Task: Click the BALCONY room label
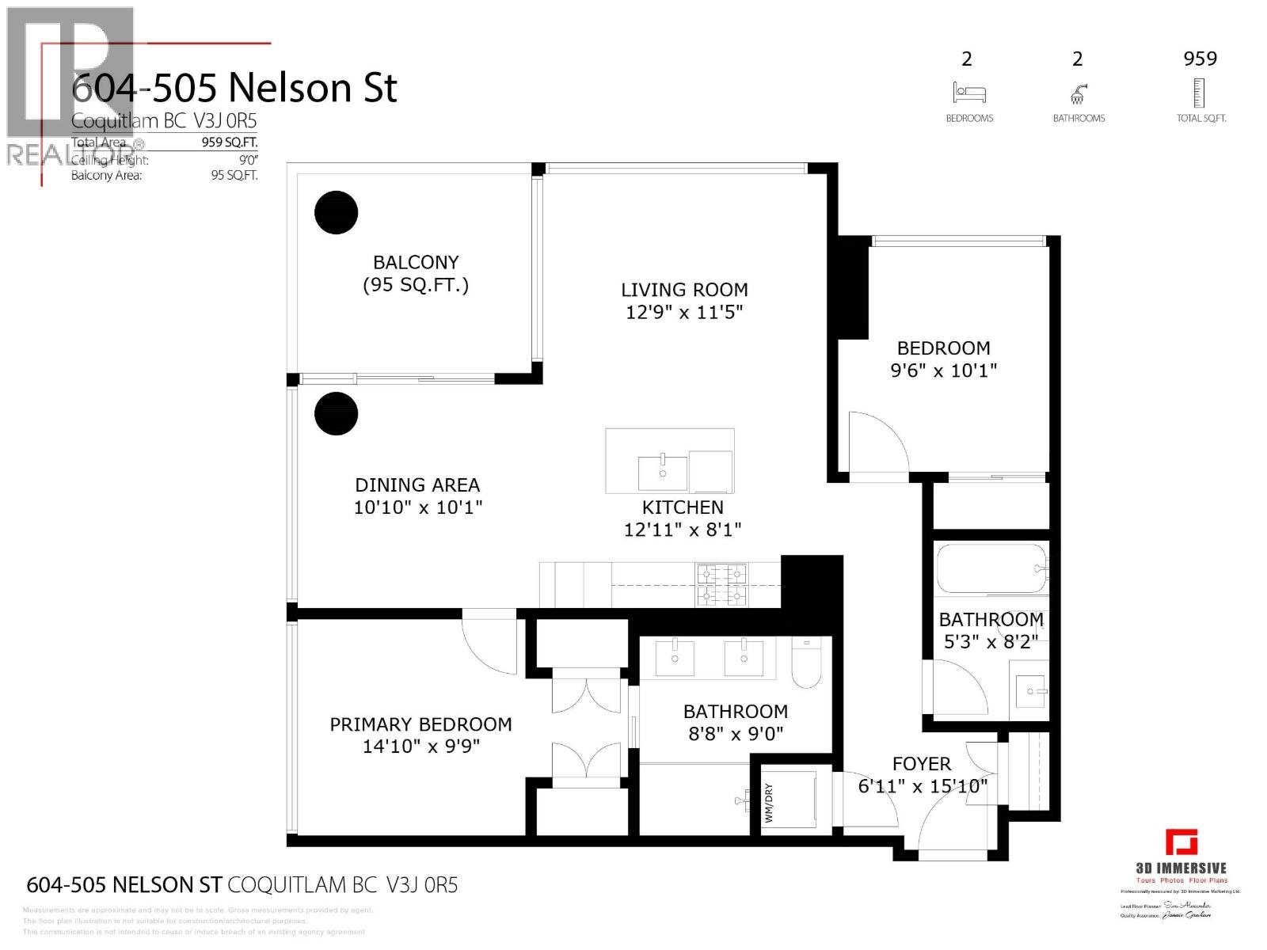[416, 262]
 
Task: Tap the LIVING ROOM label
[684, 290]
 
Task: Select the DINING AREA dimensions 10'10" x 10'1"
[417, 507]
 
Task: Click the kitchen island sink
[663, 473]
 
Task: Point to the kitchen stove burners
[721, 584]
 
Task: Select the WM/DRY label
[768, 803]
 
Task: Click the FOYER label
[921, 764]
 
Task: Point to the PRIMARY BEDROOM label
[420, 724]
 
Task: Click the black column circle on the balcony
[337, 212]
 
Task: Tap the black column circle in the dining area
[337, 413]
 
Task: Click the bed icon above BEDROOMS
[968, 93]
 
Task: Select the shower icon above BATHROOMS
[1078, 93]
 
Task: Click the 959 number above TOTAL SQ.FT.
[1200, 59]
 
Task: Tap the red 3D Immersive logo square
[1181, 842]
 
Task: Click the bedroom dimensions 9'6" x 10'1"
[943, 370]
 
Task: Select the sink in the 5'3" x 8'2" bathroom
[1030, 691]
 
